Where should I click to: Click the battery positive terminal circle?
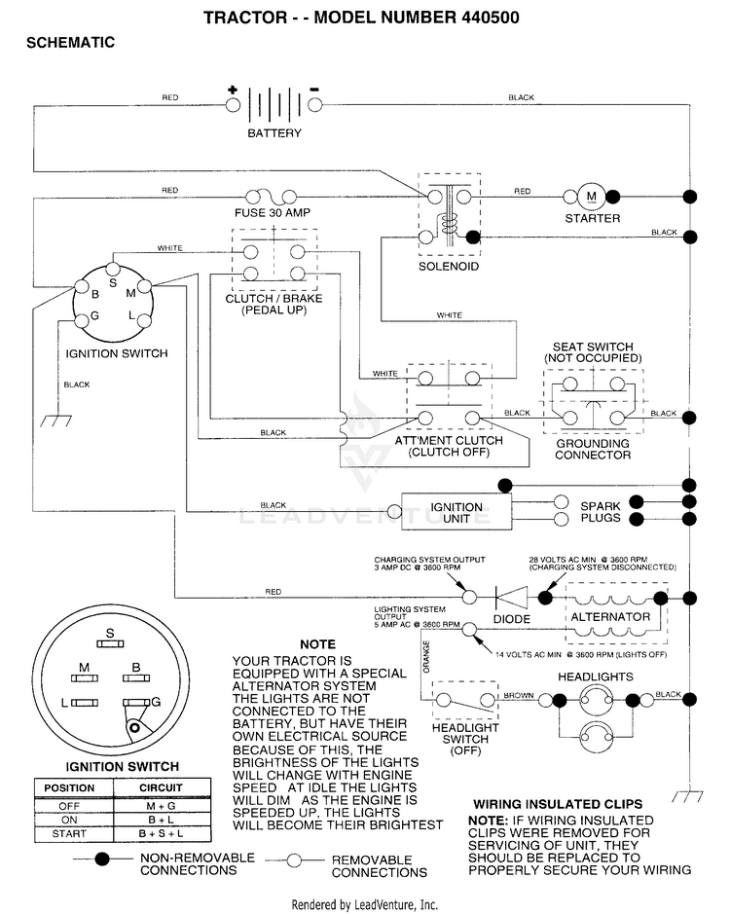click(x=233, y=105)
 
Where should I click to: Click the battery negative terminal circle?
click(x=314, y=105)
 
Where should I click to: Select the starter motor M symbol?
click(x=591, y=197)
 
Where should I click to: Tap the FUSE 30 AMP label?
click(x=273, y=213)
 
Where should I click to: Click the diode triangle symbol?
click(x=511, y=598)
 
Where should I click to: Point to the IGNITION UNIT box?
click(x=456, y=512)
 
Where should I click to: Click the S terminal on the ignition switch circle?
click(x=113, y=270)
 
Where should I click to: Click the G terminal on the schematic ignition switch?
click(x=81, y=320)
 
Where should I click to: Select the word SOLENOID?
click(x=449, y=267)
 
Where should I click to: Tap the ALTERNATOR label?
click(x=610, y=617)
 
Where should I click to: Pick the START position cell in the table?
click(x=69, y=833)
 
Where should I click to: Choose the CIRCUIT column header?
click(x=161, y=787)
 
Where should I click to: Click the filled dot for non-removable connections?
click(x=102, y=859)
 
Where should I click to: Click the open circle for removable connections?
click(x=295, y=860)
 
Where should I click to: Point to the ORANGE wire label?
click(x=426, y=657)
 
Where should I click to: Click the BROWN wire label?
click(x=519, y=695)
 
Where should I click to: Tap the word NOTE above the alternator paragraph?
click(x=317, y=644)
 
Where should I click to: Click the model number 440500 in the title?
click(x=491, y=17)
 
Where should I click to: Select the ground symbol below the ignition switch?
click(x=56, y=420)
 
